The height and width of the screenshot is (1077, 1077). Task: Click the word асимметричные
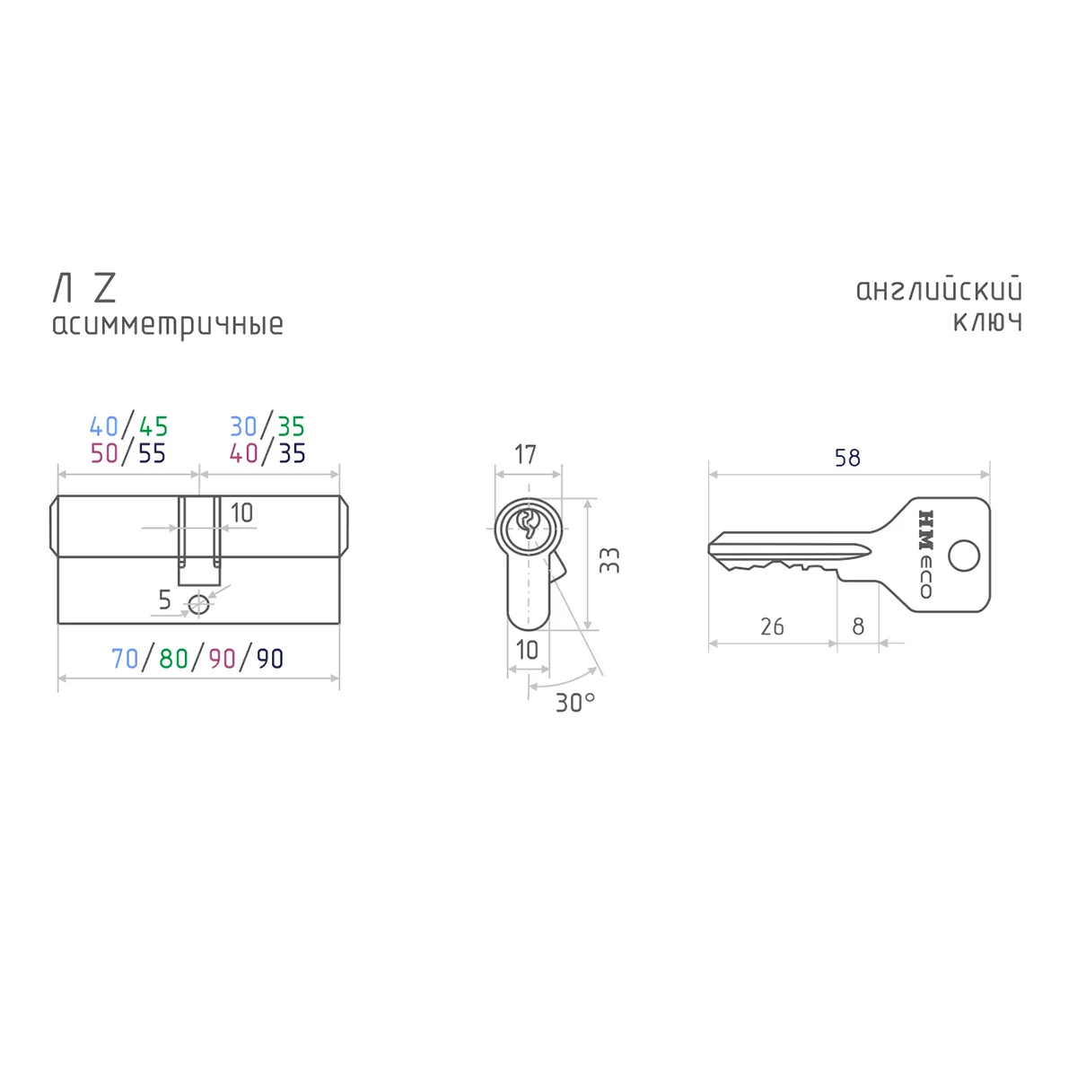tap(168, 326)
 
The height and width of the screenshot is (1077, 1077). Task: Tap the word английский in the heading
tap(939, 290)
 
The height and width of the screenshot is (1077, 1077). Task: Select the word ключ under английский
tap(987, 322)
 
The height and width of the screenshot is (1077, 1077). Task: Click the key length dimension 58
tap(847, 458)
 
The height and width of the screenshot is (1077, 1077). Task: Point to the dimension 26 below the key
tap(772, 626)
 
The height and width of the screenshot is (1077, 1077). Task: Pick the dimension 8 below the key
tap(858, 626)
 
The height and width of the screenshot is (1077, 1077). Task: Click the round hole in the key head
tap(964, 556)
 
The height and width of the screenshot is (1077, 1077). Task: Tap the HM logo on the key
tap(926, 530)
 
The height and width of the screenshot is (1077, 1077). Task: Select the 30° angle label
tap(575, 703)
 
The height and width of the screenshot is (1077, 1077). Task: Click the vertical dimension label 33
tap(609, 560)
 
